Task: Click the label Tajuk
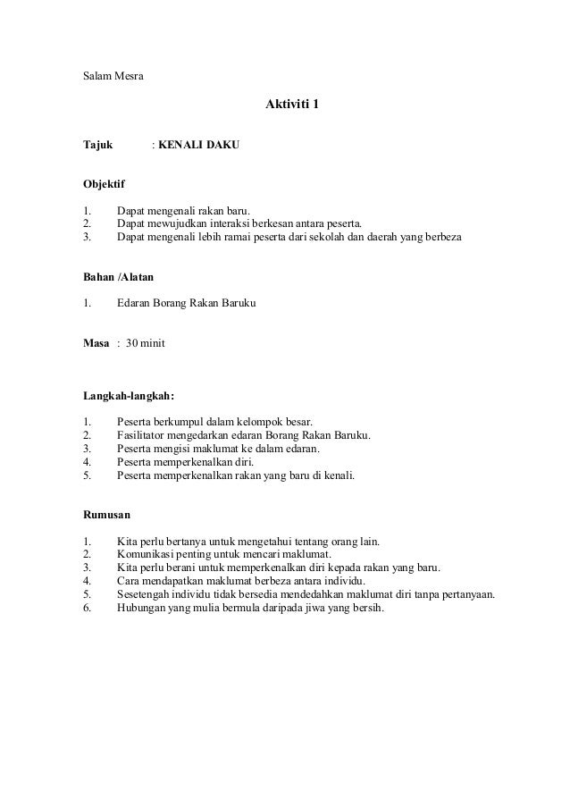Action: click(x=98, y=143)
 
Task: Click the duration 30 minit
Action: click(x=145, y=343)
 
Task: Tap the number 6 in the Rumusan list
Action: click(x=86, y=609)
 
